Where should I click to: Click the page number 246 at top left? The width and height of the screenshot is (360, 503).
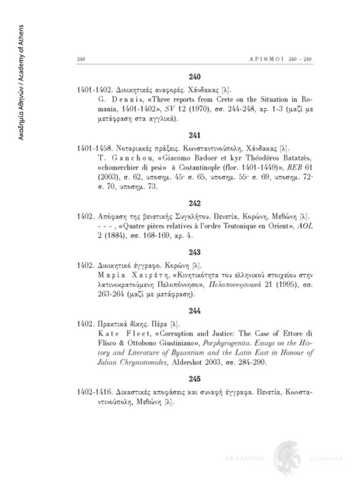[x=82, y=59]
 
